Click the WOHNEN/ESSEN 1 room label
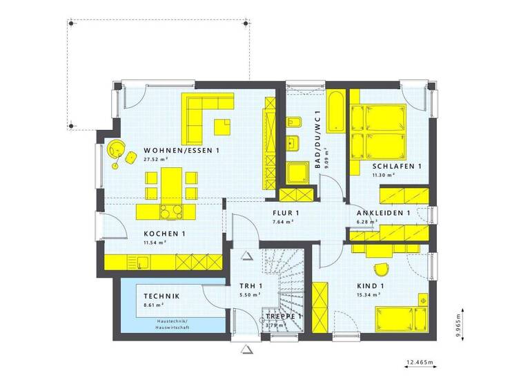[x=181, y=150]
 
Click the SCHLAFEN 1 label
[x=396, y=167]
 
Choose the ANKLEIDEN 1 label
[x=384, y=213]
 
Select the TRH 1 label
[x=251, y=286]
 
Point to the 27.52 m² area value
[x=157, y=159]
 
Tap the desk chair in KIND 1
[x=380, y=269]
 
